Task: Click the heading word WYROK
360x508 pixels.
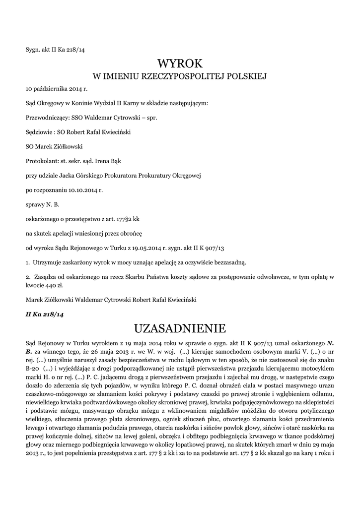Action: (x=180, y=63)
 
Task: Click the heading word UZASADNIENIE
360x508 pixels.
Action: (x=180, y=328)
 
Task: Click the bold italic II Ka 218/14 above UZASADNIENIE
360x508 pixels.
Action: (x=45, y=314)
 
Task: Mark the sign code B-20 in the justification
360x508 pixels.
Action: (x=32, y=369)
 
